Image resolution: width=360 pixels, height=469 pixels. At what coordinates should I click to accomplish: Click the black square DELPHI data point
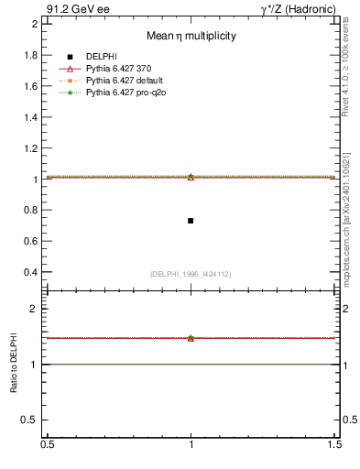[191, 221]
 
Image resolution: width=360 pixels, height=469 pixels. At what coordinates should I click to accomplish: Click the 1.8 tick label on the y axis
[31, 55]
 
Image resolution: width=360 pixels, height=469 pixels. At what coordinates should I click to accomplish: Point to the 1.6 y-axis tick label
[31, 86]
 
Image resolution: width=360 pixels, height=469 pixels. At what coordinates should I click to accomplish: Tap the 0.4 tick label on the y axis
[31, 273]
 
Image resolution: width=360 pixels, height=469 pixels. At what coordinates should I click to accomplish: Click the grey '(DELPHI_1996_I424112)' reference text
[191, 274]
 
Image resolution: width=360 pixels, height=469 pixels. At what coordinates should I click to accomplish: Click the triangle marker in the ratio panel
[191, 338]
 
